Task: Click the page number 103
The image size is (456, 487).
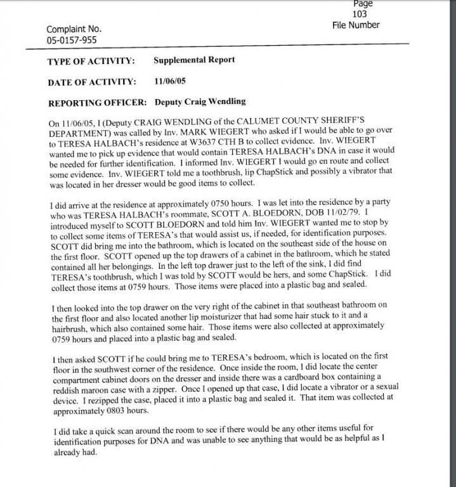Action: pyautogui.click(x=360, y=14)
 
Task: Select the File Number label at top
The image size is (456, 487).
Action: pyautogui.click(x=356, y=25)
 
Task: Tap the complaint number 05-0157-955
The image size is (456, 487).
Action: pyautogui.click(x=72, y=40)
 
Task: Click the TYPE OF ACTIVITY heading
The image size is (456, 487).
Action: pyautogui.click(x=91, y=62)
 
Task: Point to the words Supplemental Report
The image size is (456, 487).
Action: pyautogui.click(x=194, y=60)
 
